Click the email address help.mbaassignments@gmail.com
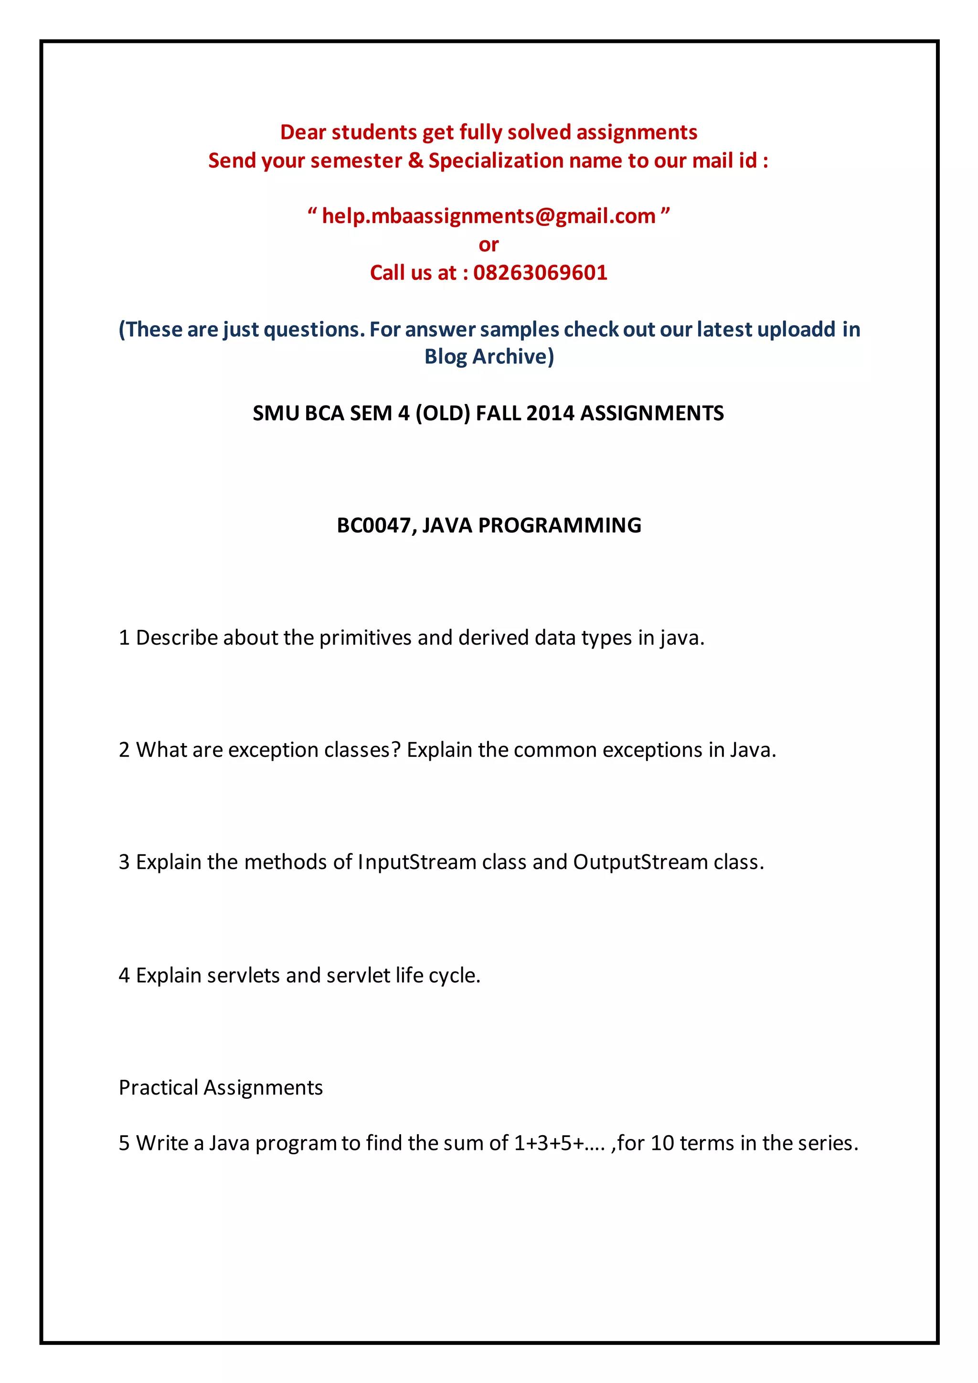[x=489, y=216]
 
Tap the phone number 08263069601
[x=540, y=273]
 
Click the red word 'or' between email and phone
[x=489, y=245]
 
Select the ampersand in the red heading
[x=415, y=161]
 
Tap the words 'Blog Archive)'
[x=489, y=357]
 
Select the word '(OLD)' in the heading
[x=443, y=413]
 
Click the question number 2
[x=124, y=750]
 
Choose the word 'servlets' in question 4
[x=243, y=975]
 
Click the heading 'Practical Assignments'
[x=221, y=1087]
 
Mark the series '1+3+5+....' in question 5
[x=559, y=1143]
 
